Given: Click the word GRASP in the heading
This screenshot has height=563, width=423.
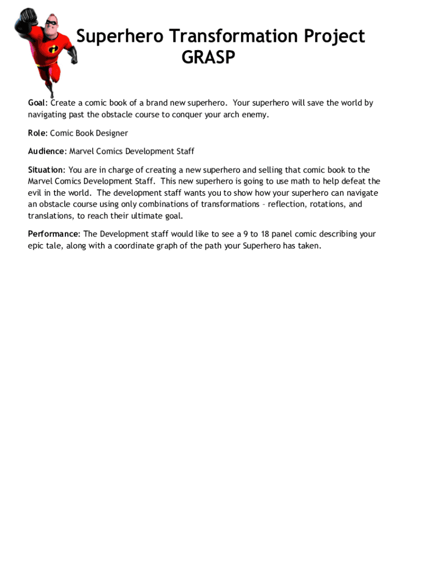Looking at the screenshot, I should click(208, 57).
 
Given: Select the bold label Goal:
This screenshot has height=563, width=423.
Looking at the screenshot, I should click(38, 103).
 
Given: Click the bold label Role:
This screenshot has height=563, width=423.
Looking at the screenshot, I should click(38, 133).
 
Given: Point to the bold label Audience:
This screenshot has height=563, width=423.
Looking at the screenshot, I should click(47, 151).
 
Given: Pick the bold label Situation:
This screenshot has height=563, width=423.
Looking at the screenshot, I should click(47, 170).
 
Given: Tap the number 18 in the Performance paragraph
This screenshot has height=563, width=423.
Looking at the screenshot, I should click(265, 234).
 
